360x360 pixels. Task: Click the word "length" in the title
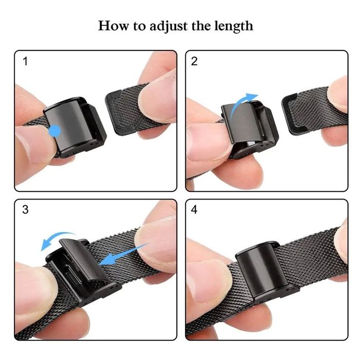[x=232, y=26]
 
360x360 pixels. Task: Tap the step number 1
[x=26, y=62]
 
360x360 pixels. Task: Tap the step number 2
[x=194, y=62]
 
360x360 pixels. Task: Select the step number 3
[x=26, y=210]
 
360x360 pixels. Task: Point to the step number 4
[x=194, y=210]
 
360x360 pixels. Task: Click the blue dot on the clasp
[x=54, y=132]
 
